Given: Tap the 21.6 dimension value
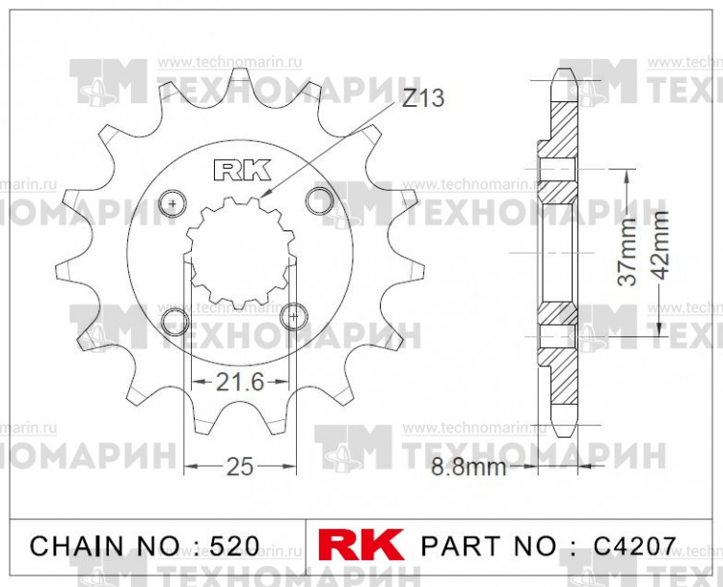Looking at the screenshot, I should [x=240, y=382].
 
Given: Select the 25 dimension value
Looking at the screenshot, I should [x=239, y=467].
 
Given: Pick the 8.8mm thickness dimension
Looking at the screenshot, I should [x=469, y=468].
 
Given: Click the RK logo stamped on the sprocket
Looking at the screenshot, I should [x=239, y=171].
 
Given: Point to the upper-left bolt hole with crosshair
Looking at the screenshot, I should [x=174, y=204].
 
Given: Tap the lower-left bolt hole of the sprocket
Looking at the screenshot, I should [x=175, y=320].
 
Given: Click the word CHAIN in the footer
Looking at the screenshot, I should [x=77, y=546].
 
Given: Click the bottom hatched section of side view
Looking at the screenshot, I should [x=561, y=371].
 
